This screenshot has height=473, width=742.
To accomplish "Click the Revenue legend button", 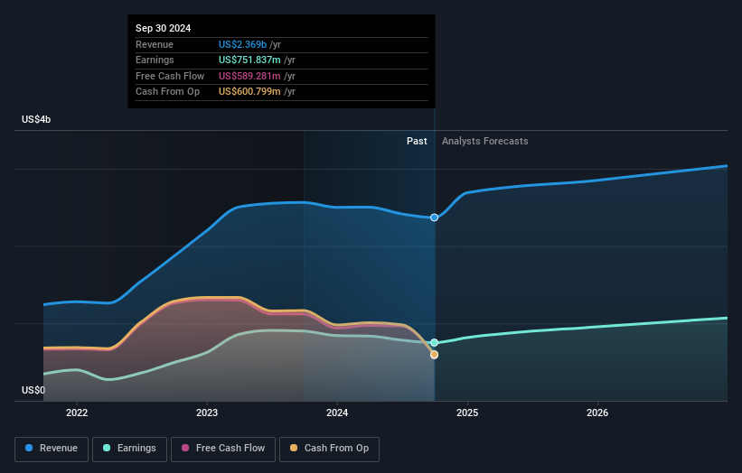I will click(x=52, y=448).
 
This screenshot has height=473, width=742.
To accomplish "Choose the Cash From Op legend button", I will click(x=331, y=448).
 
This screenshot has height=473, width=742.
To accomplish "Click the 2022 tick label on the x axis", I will click(x=77, y=413).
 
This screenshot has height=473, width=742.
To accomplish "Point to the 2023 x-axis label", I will click(x=207, y=413).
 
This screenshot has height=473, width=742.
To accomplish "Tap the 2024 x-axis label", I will click(x=337, y=413).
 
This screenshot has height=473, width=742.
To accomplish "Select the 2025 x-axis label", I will click(x=467, y=413).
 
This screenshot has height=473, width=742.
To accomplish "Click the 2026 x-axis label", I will click(x=597, y=413).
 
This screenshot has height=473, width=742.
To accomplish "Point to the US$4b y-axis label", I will click(x=37, y=120).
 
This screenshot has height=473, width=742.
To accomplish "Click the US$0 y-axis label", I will click(x=33, y=390).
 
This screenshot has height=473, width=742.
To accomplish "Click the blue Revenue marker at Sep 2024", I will click(x=435, y=218).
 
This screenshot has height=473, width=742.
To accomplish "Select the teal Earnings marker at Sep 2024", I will click(x=435, y=343).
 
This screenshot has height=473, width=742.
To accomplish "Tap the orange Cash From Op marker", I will click(x=435, y=355).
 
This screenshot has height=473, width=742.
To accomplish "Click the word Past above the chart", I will click(x=417, y=141).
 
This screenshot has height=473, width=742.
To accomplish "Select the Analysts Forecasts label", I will click(x=485, y=141).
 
